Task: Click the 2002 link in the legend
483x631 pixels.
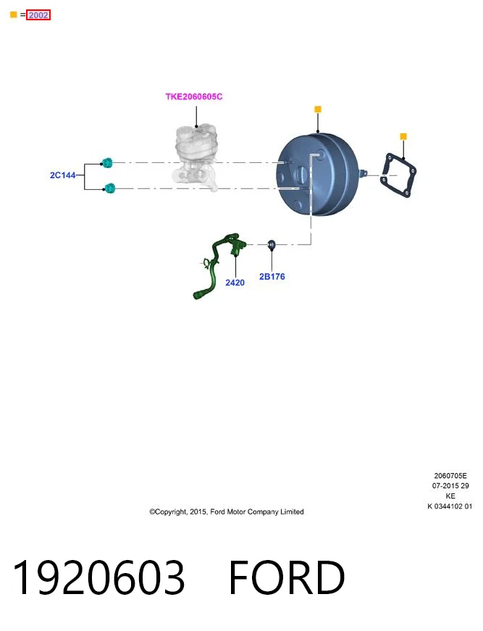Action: click(38, 15)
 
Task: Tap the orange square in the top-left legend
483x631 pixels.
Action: click(13, 15)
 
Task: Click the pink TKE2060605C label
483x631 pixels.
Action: click(194, 96)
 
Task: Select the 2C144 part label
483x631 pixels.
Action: click(63, 175)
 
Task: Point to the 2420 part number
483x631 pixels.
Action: click(235, 283)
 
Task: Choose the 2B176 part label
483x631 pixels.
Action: click(272, 277)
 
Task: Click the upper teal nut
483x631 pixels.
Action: click(107, 162)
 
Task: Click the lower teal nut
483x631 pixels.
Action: click(109, 188)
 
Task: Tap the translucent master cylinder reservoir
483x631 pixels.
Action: click(196, 157)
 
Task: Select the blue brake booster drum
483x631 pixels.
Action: click(318, 175)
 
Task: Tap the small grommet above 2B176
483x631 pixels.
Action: click(272, 244)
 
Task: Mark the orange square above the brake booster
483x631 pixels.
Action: click(318, 109)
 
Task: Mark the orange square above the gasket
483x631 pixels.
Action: click(403, 136)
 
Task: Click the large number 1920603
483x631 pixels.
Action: click(99, 577)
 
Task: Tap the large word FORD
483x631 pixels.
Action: click(287, 577)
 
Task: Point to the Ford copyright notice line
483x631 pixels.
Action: click(227, 512)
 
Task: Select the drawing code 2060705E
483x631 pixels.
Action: click(450, 476)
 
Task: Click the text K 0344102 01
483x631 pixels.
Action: click(450, 506)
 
